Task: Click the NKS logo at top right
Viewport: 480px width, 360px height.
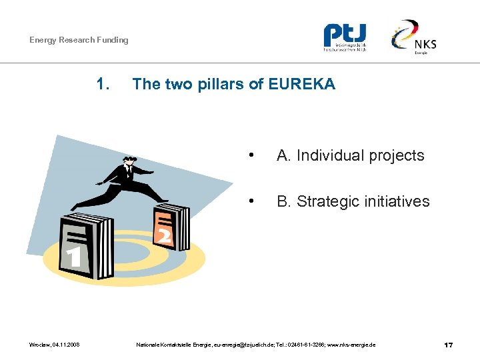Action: [414, 37]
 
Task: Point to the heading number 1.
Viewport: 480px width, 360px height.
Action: [103, 84]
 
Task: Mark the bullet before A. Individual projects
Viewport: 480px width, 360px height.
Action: [250, 156]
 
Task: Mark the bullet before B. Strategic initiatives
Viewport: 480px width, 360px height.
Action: [250, 201]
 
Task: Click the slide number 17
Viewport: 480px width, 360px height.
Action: [449, 345]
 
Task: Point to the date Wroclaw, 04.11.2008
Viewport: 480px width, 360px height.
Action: [55, 345]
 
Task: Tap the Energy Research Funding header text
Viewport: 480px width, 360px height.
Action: [79, 40]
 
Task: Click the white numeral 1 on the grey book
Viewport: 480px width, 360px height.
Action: [75, 257]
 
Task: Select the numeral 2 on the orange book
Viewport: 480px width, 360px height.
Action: [163, 235]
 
